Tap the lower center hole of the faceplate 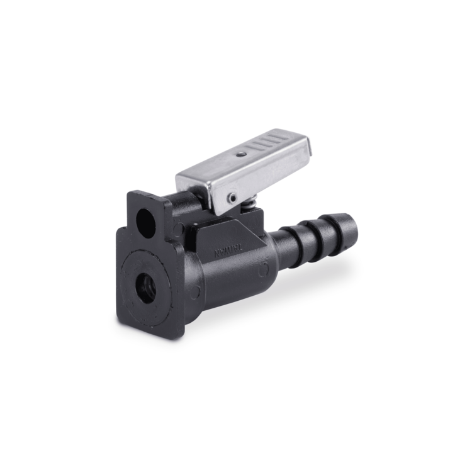click(x=147, y=288)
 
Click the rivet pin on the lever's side click(x=233, y=198)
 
